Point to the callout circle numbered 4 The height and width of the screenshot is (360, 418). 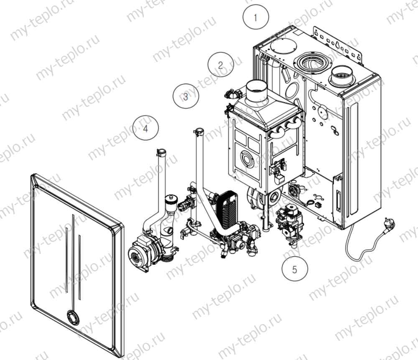coord(145,128)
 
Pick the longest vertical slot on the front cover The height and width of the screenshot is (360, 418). coord(73,259)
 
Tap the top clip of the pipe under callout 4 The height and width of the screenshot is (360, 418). coord(161,150)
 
